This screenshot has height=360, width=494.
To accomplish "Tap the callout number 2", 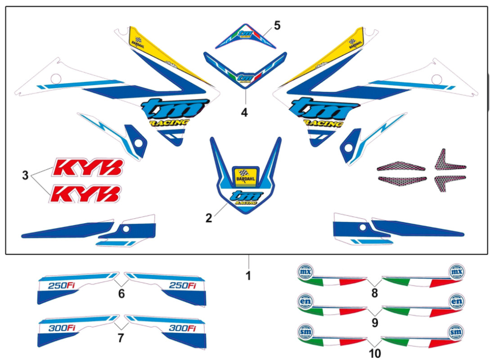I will [x=208, y=218].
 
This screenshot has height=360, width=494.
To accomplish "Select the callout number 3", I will [x=26, y=175].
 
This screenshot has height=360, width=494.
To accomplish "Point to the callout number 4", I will [x=244, y=112].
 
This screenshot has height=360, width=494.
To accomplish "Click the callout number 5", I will [x=277, y=25].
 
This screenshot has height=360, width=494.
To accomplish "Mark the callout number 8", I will [x=375, y=294].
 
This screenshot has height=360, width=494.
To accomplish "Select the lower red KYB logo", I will [x=86, y=194].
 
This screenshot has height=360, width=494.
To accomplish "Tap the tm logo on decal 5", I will [x=244, y=33].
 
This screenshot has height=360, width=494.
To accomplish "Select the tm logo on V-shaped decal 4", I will [x=245, y=76].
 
